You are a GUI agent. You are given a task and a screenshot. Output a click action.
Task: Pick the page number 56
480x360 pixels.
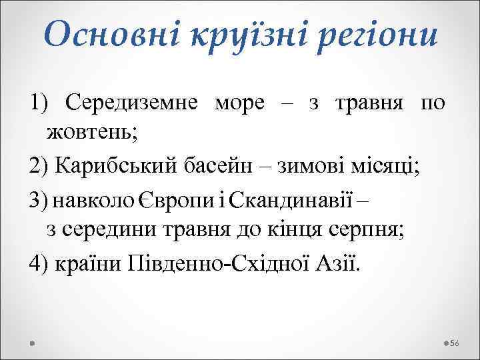455,343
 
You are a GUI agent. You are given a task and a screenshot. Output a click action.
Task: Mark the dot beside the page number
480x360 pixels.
445,343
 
